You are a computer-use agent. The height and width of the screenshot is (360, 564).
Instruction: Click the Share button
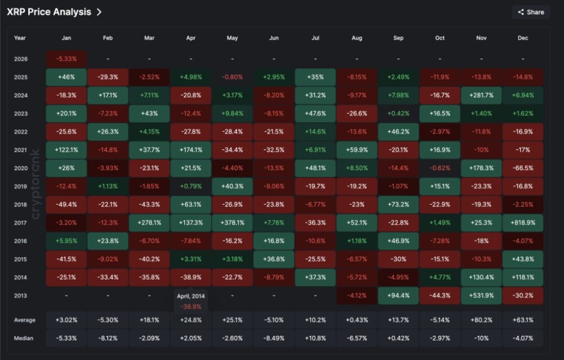[x=530, y=12]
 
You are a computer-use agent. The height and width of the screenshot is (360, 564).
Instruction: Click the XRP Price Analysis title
[x=49, y=12]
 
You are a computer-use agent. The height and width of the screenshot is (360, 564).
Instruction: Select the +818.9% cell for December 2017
[x=523, y=222]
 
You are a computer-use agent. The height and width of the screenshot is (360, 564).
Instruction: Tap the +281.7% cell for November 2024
[x=481, y=95]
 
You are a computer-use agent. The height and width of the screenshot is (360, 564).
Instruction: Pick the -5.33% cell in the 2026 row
[x=66, y=59]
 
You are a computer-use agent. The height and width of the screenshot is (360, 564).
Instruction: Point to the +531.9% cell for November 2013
[x=481, y=296]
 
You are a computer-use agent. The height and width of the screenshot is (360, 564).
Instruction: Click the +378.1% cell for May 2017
[x=232, y=222]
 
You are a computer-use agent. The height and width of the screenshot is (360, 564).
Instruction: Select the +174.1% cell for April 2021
[x=191, y=150]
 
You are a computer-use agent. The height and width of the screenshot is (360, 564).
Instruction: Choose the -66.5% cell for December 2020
[x=523, y=168]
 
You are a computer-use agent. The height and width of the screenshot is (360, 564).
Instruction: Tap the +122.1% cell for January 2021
[x=66, y=150]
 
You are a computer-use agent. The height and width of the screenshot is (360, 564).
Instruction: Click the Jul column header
[x=315, y=38]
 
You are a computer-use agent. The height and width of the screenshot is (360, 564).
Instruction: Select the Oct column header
[x=440, y=38]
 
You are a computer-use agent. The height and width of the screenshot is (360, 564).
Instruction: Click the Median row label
[x=24, y=338]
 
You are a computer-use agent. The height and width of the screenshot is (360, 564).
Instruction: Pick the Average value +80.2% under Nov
[x=481, y=320]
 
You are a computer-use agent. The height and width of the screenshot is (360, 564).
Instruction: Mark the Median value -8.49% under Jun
[x=274, y=338]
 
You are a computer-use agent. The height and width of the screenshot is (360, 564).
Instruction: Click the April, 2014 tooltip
[x=191, y=300]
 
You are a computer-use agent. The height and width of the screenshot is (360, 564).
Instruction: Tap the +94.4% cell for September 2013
[x=398, y=296]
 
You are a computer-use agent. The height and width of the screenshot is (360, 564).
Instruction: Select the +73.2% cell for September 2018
[x=398, y=204]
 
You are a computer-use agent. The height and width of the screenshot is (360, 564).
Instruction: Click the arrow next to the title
[x=99, y=12]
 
